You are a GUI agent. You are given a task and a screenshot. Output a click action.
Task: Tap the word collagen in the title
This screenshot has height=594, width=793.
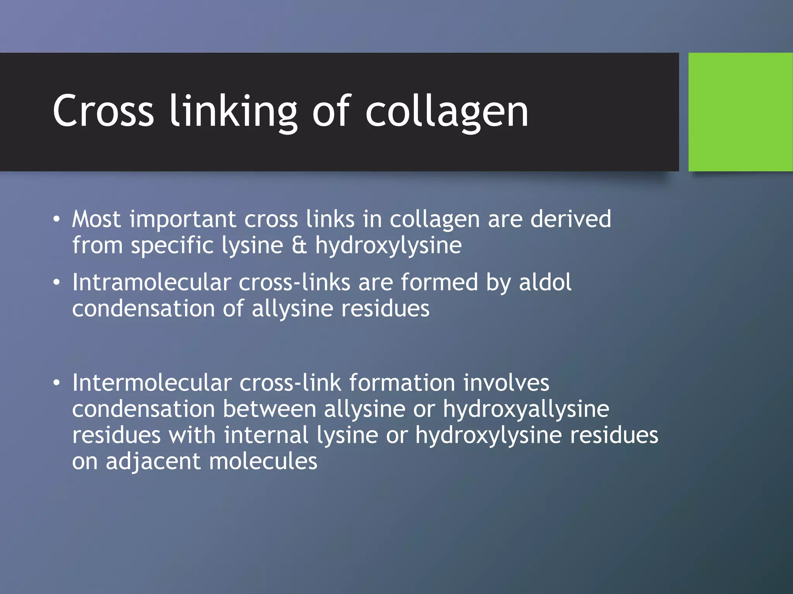pyautogui.click(x=447, y=112)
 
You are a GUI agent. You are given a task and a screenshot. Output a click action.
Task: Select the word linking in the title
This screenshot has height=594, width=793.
pyautogui.click(x=233, y=112)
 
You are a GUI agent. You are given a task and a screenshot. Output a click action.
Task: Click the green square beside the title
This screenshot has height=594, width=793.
pyautogui.click(x=740, y=112)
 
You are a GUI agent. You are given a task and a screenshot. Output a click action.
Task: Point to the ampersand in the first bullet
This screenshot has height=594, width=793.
pyautogui.click(x=299, y=245)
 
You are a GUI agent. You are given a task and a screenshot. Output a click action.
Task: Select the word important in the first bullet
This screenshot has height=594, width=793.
pyautogui.click(x=183, y=220)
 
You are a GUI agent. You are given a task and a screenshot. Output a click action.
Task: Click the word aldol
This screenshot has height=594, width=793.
pyautogui.click(x=545, y=282)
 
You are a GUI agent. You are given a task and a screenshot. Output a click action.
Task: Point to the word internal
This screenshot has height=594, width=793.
pyautogui.click(x=266, y=435)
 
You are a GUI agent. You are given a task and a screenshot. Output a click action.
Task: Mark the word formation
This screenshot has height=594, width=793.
pyautogui.click(x=402, y=382)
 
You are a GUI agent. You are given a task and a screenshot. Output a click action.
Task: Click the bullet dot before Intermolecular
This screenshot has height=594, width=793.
pyautogui.click(x=57, y=383)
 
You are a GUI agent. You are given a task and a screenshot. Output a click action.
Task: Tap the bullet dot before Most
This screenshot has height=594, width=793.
pyautogui.click(x=57, y=219)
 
